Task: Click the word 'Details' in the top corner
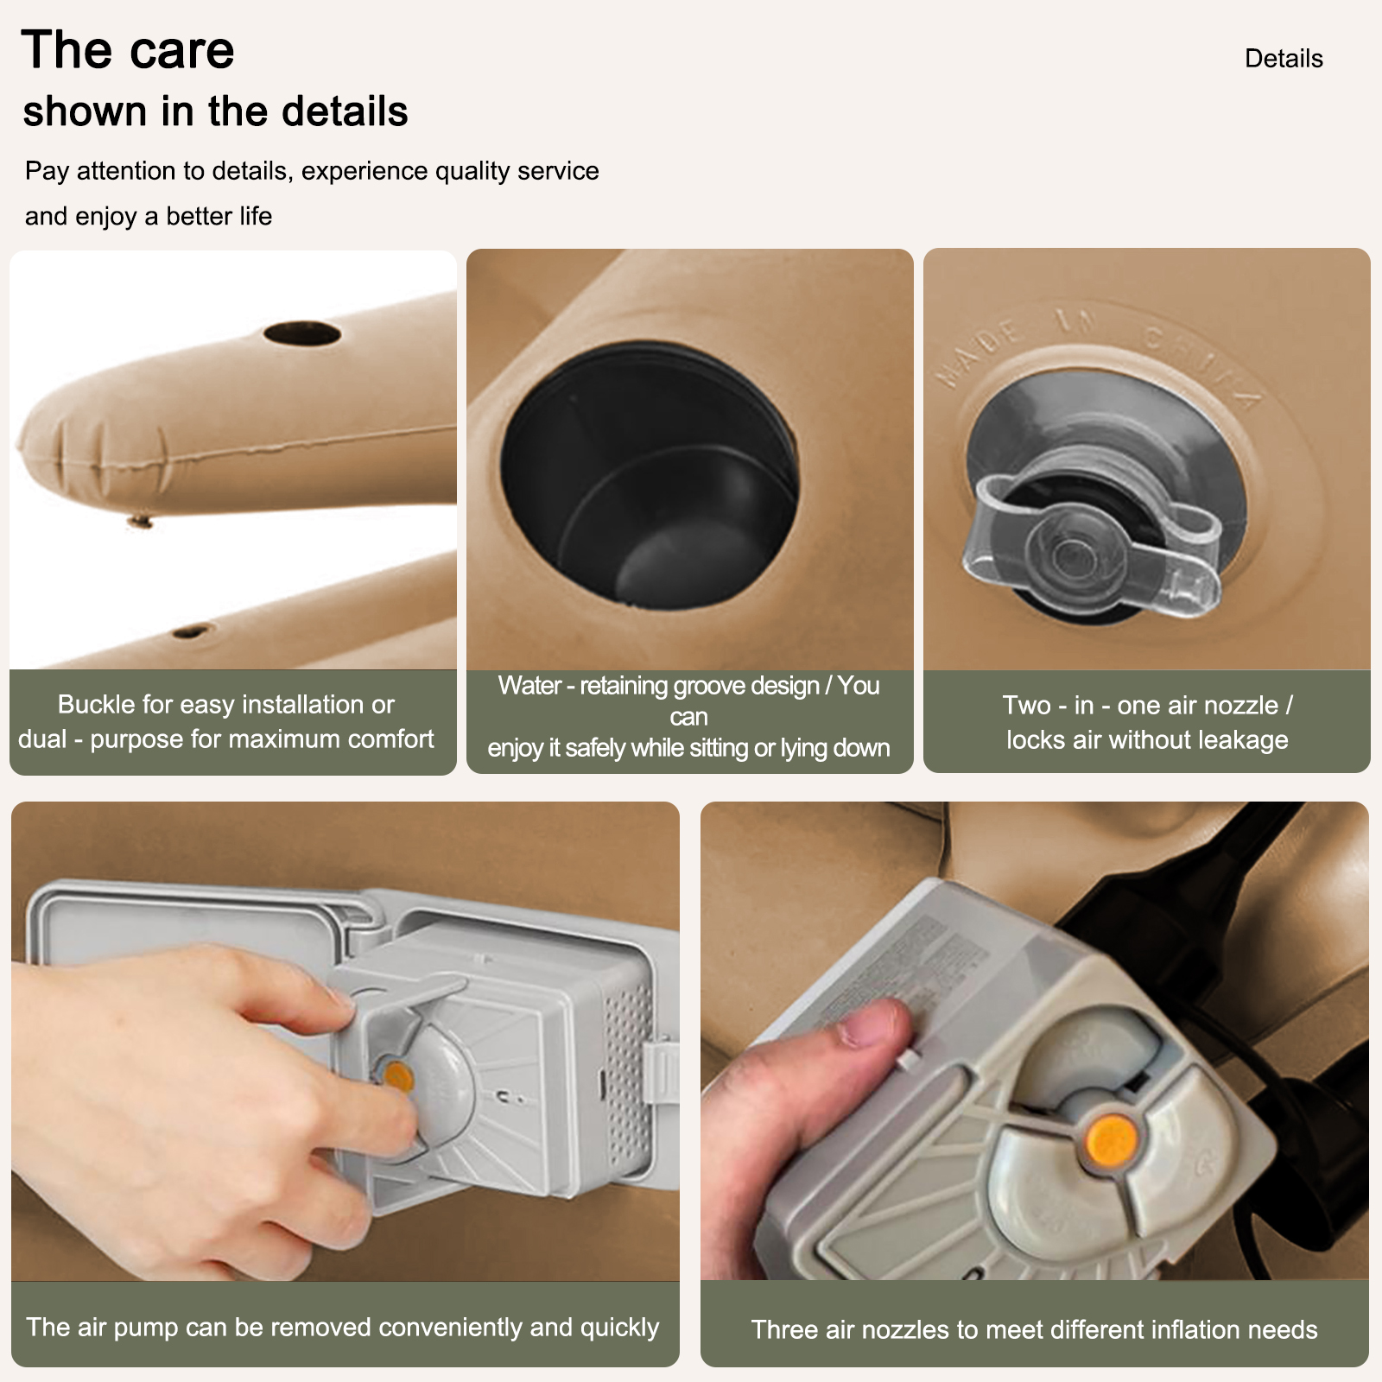1284,59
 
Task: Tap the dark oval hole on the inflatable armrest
302,333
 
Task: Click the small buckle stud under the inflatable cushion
139,521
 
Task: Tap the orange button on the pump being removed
398,1076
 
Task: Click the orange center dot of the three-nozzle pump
1111,1138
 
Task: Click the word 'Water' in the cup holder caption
529,686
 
